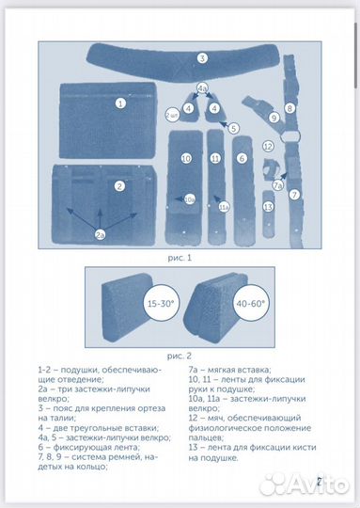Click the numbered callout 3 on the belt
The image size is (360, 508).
coord(202,58)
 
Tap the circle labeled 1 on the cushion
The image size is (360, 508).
coord(120,103)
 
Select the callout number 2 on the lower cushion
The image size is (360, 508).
coord(119,186)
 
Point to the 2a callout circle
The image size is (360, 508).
coord(100,235)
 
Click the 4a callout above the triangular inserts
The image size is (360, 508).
coord(203,88)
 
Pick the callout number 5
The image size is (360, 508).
coord(234,128)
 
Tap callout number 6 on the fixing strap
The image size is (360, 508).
coord(242,158)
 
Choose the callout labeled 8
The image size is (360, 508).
coord(290,108)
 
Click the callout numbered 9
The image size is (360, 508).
coord(274,118)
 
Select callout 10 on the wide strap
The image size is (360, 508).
coord(186,159)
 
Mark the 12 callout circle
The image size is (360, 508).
coord(268,147)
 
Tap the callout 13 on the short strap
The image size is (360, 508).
coord(269,207)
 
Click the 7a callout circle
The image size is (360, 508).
coord(278,185)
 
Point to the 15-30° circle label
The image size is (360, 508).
coord(161,303)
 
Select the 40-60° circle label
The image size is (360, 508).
coord(251,303)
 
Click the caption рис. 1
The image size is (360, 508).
coord(180,258)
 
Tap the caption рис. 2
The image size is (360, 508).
coord(180,356)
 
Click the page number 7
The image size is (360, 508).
coord(319,482)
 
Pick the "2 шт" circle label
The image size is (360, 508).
coord(172,116)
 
